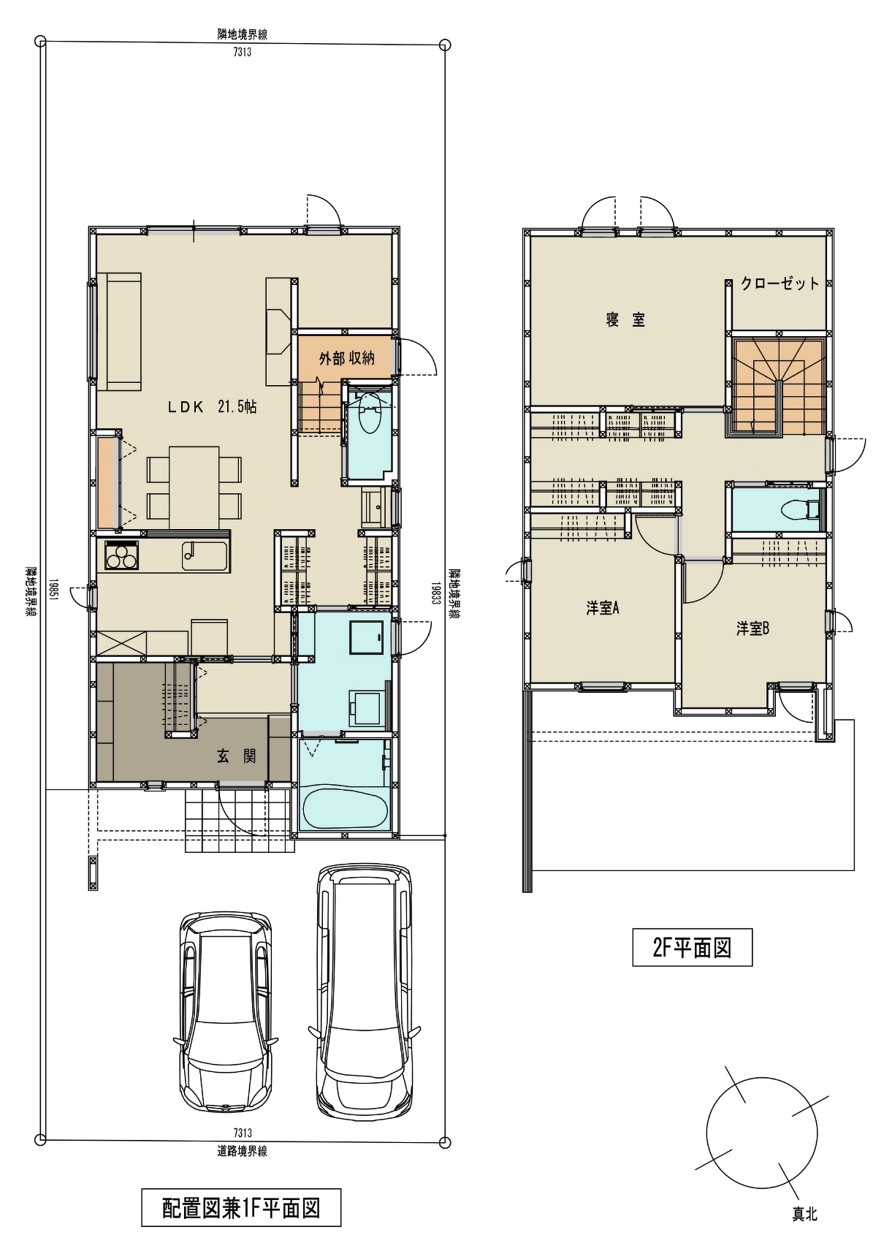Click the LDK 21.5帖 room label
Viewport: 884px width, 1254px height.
coord(212,408)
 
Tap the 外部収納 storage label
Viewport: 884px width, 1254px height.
coord(347,358)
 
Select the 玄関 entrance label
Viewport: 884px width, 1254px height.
coord(237,756)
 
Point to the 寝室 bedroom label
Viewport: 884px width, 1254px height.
coord(625,319)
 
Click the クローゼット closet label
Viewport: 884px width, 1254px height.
coord(780,284)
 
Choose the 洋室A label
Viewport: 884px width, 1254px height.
coord(603,607)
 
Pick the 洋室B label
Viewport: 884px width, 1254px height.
coord(752,628)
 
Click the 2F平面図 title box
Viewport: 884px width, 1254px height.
coord(692,947)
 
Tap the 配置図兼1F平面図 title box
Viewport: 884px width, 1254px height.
coord(241,1208)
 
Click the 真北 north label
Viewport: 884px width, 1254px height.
coord(805,1214)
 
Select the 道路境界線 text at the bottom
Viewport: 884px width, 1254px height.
coord(243,1151)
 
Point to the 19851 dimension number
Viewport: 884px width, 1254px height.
coord(53,591)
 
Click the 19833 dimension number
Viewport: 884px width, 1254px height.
coord(435,592)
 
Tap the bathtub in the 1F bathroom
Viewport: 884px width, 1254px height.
coord(344,808)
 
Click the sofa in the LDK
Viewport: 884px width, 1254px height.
coord(118,332)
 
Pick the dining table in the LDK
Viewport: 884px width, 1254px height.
coord(194,487)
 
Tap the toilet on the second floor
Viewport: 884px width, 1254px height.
coord(799,508)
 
